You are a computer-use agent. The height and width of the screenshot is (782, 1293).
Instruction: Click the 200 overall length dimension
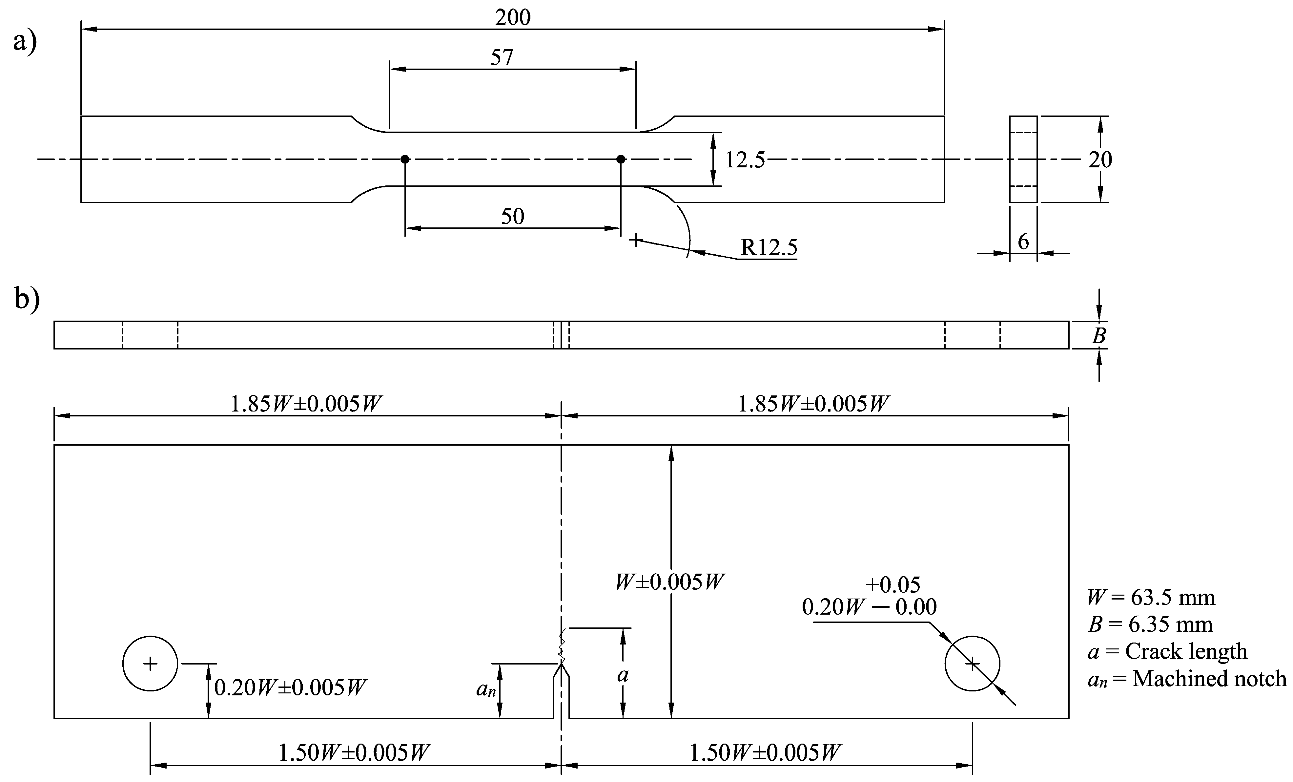point(513,18)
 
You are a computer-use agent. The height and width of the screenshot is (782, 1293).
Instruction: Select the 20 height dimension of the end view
point(1100,159)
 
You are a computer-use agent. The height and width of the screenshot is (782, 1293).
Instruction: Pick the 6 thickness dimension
point(1023,242)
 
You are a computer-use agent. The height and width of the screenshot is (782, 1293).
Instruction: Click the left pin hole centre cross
point(150,664)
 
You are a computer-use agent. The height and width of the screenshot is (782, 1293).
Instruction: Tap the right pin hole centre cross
point(972,664)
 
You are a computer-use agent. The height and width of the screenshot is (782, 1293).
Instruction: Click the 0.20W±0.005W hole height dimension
point(290,687)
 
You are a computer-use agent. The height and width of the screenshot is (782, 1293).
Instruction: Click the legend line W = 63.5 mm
point(1151,597)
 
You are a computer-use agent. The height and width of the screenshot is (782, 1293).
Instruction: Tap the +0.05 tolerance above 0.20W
point(893,585)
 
